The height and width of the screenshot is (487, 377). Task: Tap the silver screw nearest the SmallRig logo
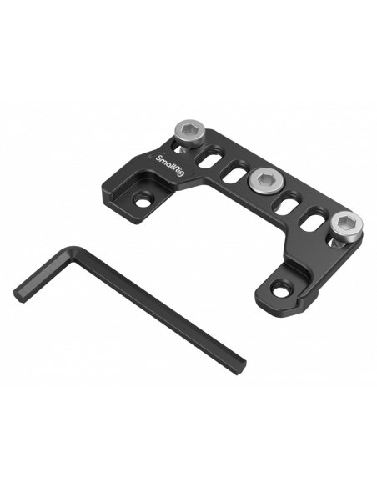pyautogui.click(x=189, y=133)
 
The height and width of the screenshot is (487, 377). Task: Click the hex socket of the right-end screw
pyautogui.click(x=347, y=221)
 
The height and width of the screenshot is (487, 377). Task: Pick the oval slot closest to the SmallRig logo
pyautogui.click(x=210, y=157)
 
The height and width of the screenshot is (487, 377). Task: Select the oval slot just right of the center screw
pyautogui.click(x=288, y=203)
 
